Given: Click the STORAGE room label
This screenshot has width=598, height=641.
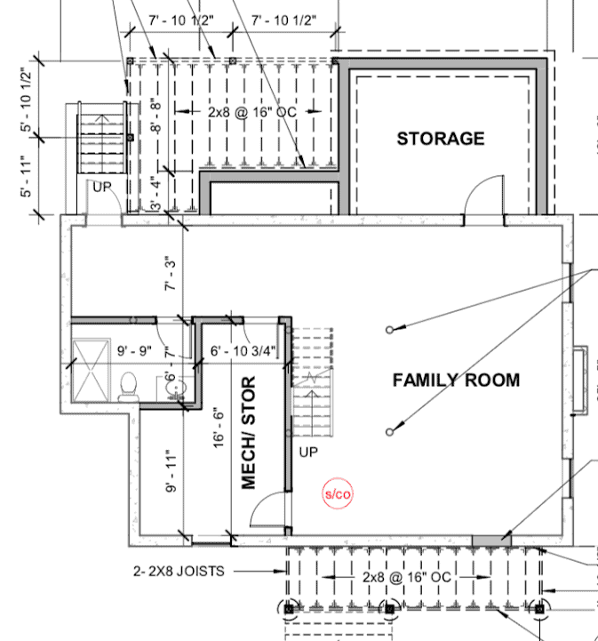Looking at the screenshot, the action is pos(441,139).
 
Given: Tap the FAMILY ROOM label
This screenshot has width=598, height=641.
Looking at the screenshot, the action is pos(456,381).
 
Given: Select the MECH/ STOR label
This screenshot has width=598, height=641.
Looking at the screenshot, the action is pos(248,432).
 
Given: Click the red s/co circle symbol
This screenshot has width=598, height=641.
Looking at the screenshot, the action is pos(338,493).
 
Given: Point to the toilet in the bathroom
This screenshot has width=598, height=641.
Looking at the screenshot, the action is pos(129,386).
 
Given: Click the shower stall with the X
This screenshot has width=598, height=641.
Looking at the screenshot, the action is pos(92,370).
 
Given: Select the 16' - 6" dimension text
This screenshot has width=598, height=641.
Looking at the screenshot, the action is pos(219,428).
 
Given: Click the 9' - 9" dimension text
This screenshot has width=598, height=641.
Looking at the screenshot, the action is pos(134,351).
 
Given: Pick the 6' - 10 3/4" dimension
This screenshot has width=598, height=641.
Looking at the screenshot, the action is pos(243,351).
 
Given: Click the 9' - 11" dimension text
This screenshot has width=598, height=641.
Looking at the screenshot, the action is pos(171,471).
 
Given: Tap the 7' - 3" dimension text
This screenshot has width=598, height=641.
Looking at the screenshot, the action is pos(170,274).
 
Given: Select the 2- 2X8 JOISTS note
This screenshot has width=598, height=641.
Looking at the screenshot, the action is pos(179,571).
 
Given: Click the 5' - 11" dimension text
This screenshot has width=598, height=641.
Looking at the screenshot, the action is pos(26,176).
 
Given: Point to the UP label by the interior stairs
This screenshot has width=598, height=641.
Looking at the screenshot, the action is pos(308,453).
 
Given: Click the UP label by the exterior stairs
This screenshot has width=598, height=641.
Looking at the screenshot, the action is pos(102,188).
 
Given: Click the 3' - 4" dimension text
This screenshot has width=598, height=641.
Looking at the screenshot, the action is pos(156,194).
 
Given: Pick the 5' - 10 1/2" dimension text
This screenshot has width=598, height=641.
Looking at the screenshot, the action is pos(26,100).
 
